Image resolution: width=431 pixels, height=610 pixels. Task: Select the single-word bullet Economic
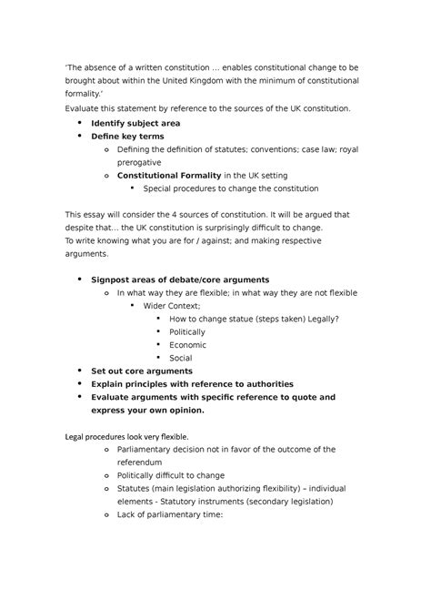187,344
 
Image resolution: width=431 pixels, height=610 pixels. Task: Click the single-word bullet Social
181,358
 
